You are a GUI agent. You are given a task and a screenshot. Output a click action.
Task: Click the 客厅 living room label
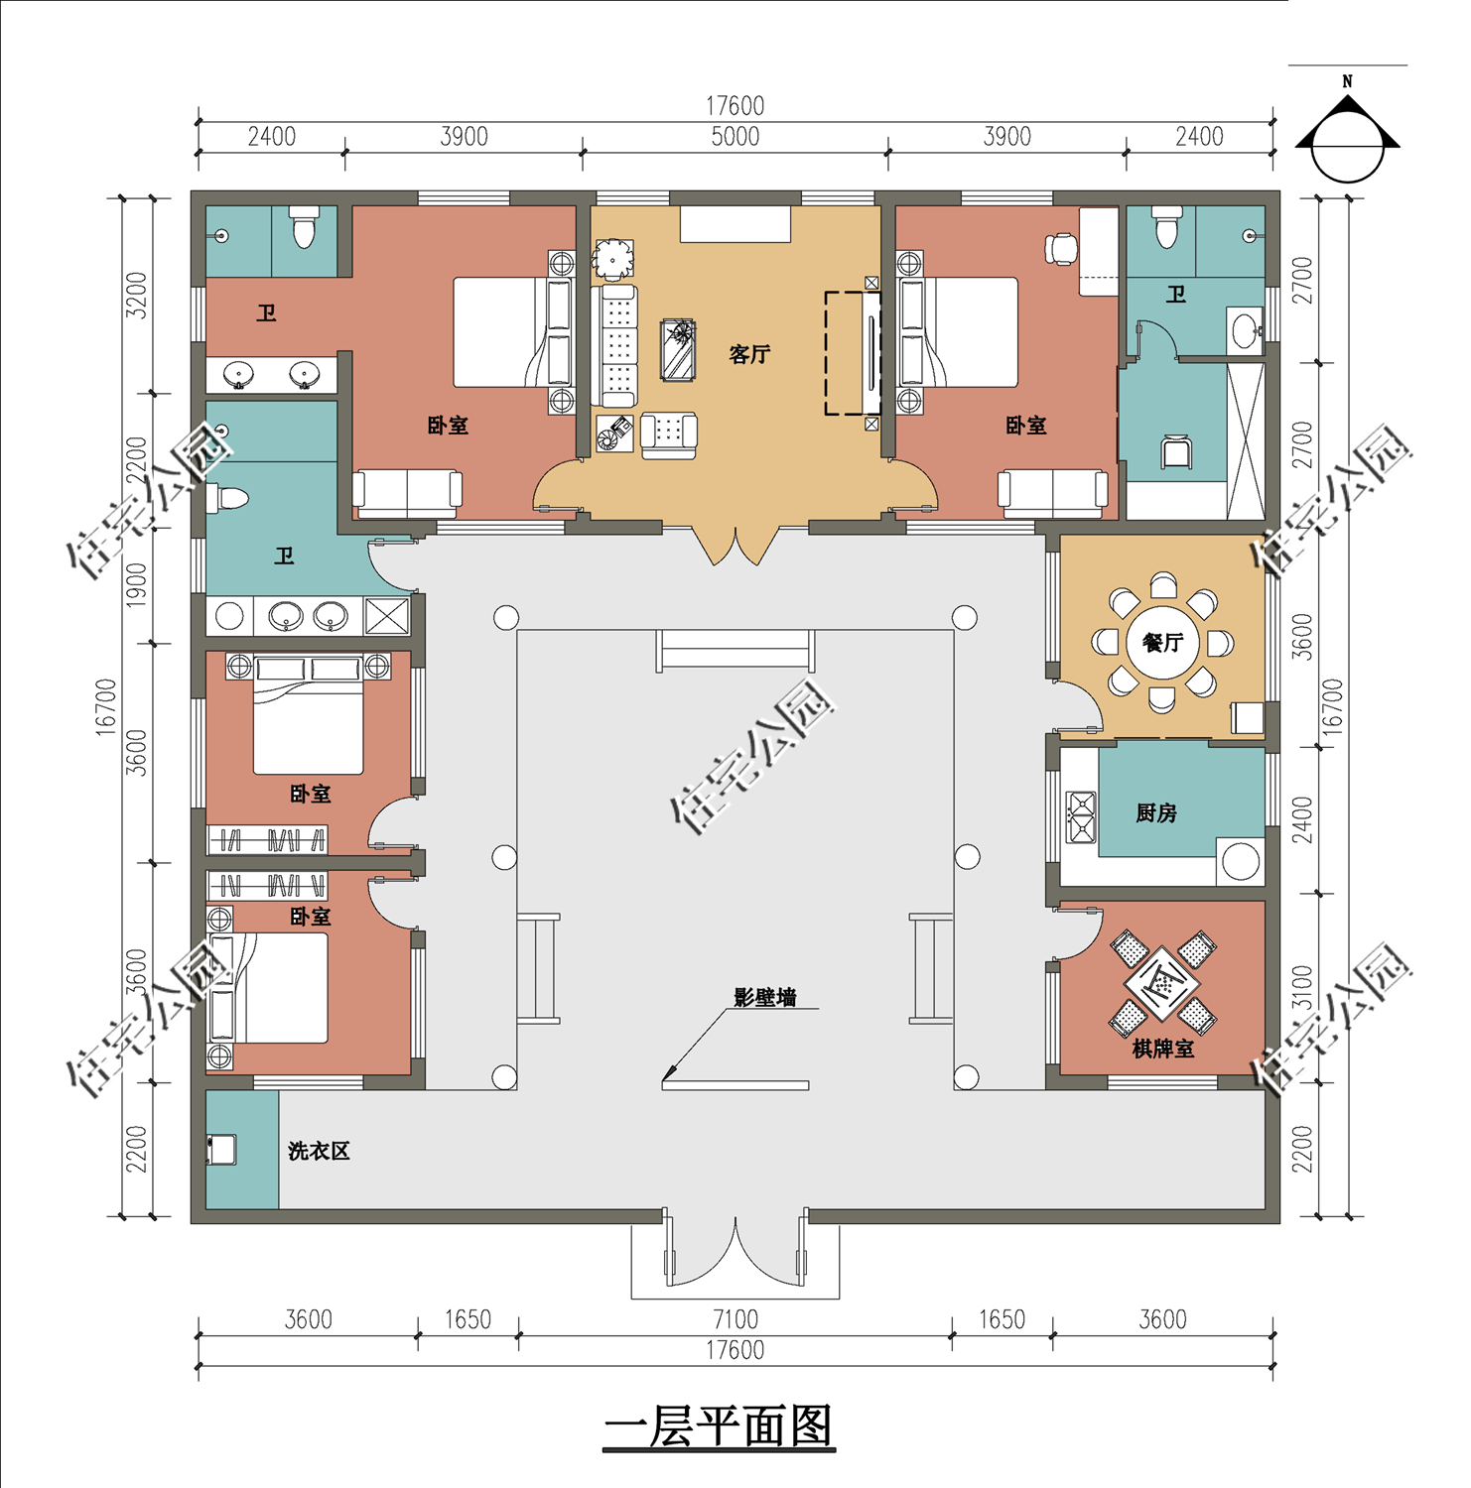point(749,354)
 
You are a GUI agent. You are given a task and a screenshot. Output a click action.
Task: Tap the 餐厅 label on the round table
point(1162,643)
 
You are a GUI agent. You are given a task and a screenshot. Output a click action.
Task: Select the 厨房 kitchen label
point(1156,813)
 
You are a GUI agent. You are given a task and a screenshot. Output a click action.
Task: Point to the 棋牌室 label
point(1162,1049)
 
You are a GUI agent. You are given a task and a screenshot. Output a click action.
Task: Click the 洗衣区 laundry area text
point(319,1151)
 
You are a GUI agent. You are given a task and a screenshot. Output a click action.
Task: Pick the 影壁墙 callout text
point(764,997)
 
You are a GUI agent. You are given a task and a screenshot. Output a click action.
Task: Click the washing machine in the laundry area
point(220,1150)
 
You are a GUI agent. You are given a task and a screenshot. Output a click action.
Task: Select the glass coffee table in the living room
point(679,349)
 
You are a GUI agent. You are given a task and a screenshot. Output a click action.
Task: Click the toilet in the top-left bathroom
point(304,227)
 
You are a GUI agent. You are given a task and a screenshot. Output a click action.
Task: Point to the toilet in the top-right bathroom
point(1166,227)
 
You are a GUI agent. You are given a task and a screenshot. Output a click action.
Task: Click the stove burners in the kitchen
point(1080,816)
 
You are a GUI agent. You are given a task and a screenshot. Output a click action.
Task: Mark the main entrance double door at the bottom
point(735,1250)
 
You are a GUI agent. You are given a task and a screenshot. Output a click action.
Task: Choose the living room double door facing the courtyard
point(735,544)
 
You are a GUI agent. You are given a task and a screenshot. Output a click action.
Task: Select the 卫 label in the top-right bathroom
point(1176,295)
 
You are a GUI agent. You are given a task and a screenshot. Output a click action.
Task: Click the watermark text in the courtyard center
point(752,759)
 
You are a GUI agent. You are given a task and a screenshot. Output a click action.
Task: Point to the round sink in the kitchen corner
point(1240,861)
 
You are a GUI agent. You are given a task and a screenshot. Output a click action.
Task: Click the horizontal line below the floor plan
point(719,1449)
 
